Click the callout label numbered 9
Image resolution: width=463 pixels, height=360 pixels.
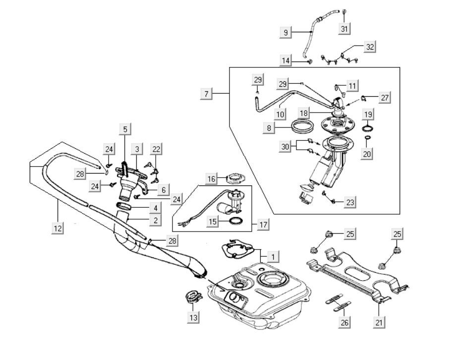coord(286,33)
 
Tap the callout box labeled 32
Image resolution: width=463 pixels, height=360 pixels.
coord(370,47)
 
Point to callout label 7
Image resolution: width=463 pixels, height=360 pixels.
coord(207,94)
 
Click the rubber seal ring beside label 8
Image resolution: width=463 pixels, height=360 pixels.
coord(302,127)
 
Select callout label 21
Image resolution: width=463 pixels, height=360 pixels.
coord(380,322)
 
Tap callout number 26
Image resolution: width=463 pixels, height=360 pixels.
coord(345,322)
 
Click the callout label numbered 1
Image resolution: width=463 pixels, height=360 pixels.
coord(272,257)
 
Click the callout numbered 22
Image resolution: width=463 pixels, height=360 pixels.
coord(156,149)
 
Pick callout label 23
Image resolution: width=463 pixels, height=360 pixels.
coord(350,202)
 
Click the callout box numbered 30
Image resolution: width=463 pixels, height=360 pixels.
coord(285,147)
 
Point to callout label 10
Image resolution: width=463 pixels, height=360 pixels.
coord(280,114)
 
